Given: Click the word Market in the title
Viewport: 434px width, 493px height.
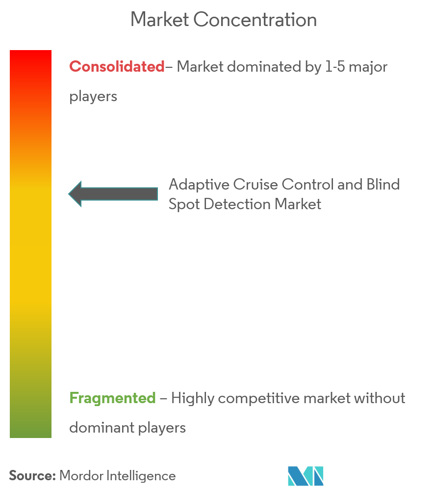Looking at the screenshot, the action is pyautogui.click(x=159, y=20).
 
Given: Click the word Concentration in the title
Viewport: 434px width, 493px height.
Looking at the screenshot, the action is pyautogui.click(x=255, y=20).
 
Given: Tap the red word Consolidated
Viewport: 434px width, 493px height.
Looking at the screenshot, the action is pyautogui.click(x=117, y=67).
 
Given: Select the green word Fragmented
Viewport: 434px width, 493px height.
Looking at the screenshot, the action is pyautogui.click(x=112, y=398).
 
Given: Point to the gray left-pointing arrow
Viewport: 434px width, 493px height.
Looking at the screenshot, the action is pyautogui.click(x=113, y=194).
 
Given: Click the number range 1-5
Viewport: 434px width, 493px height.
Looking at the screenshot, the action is pyautogui.click(x=335, y=67).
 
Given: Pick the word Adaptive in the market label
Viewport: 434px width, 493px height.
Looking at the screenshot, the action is pyautogui.click(x=199, y=185).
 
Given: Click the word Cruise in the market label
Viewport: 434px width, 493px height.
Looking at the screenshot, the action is pyautogui.click(x=255, y=185).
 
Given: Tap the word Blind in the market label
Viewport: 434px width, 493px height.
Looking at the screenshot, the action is pyautogui.click(x=383, y=185).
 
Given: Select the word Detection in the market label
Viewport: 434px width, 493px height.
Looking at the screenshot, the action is pyautogui.click(x=237, y=204).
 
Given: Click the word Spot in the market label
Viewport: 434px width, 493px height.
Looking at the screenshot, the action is pyautogui.click(x=184, y=204).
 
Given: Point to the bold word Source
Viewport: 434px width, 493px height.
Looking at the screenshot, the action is pyautogui.click(x=32, y=476).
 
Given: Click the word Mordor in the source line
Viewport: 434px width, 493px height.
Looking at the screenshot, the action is pyautogui.click(x=81, y=476).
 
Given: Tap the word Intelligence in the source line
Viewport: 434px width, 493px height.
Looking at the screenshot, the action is pyautogui.click(x=141, y=476).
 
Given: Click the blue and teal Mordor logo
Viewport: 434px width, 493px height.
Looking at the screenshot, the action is pyautogui.click(x=306, y=476).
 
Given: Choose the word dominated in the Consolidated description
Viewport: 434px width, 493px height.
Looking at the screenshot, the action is pyautogui.click(x=264, y=67).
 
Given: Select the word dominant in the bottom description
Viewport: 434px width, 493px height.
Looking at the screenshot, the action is pyautogui.click(x=102, y=428).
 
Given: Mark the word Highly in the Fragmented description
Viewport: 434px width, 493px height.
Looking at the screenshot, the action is pyautogui.click(x=193, y=399).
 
